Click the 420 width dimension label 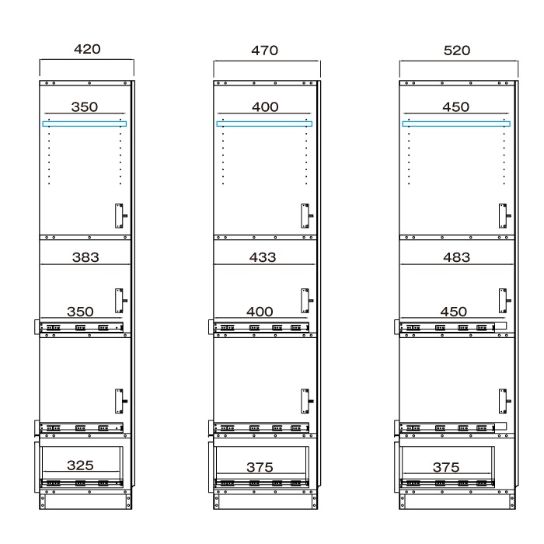point(87,49)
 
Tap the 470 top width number point(265,51)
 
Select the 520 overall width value point(457,51)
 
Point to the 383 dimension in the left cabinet point(85,257)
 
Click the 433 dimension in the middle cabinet point(263,257)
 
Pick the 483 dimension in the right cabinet point(457,257)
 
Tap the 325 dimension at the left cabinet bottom point(80,466)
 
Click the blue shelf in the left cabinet point(84,124)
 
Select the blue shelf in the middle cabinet point(264,124)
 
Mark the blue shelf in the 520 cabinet point(456,124)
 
